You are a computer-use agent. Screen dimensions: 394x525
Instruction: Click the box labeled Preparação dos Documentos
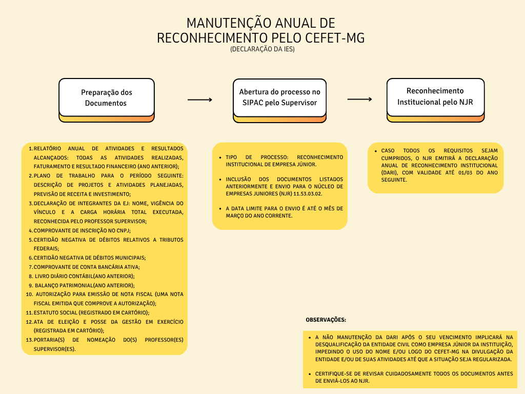click(x=106, y=97)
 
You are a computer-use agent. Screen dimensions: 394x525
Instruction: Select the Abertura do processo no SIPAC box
click(x=279, y=97)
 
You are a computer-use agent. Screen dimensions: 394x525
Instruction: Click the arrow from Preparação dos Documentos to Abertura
click(x=199, y=100)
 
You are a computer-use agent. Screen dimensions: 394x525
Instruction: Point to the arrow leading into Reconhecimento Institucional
click(x=360, y=100)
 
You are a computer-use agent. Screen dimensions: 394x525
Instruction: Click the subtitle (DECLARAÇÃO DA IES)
click(x=262, y=50)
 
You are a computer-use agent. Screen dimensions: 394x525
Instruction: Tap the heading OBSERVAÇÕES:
click(x=326, y=320)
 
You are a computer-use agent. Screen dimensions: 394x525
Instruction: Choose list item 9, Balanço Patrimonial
click(x=84, y=285)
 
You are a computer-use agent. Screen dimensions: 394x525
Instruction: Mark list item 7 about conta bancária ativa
click(x=87, y=267)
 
